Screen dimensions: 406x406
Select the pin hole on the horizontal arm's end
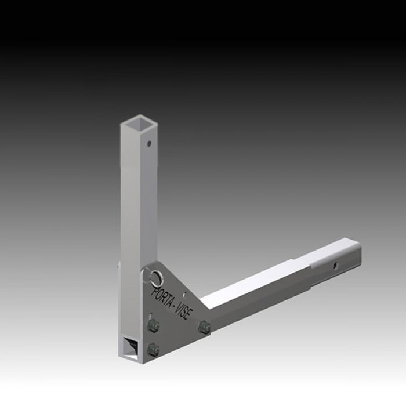pyautogui.click(x=334, y=267)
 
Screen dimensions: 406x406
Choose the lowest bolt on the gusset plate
pyautogui.click(x=153, y=349)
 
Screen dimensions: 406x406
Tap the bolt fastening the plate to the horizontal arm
pyautogui.click(x=203, y=328)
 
